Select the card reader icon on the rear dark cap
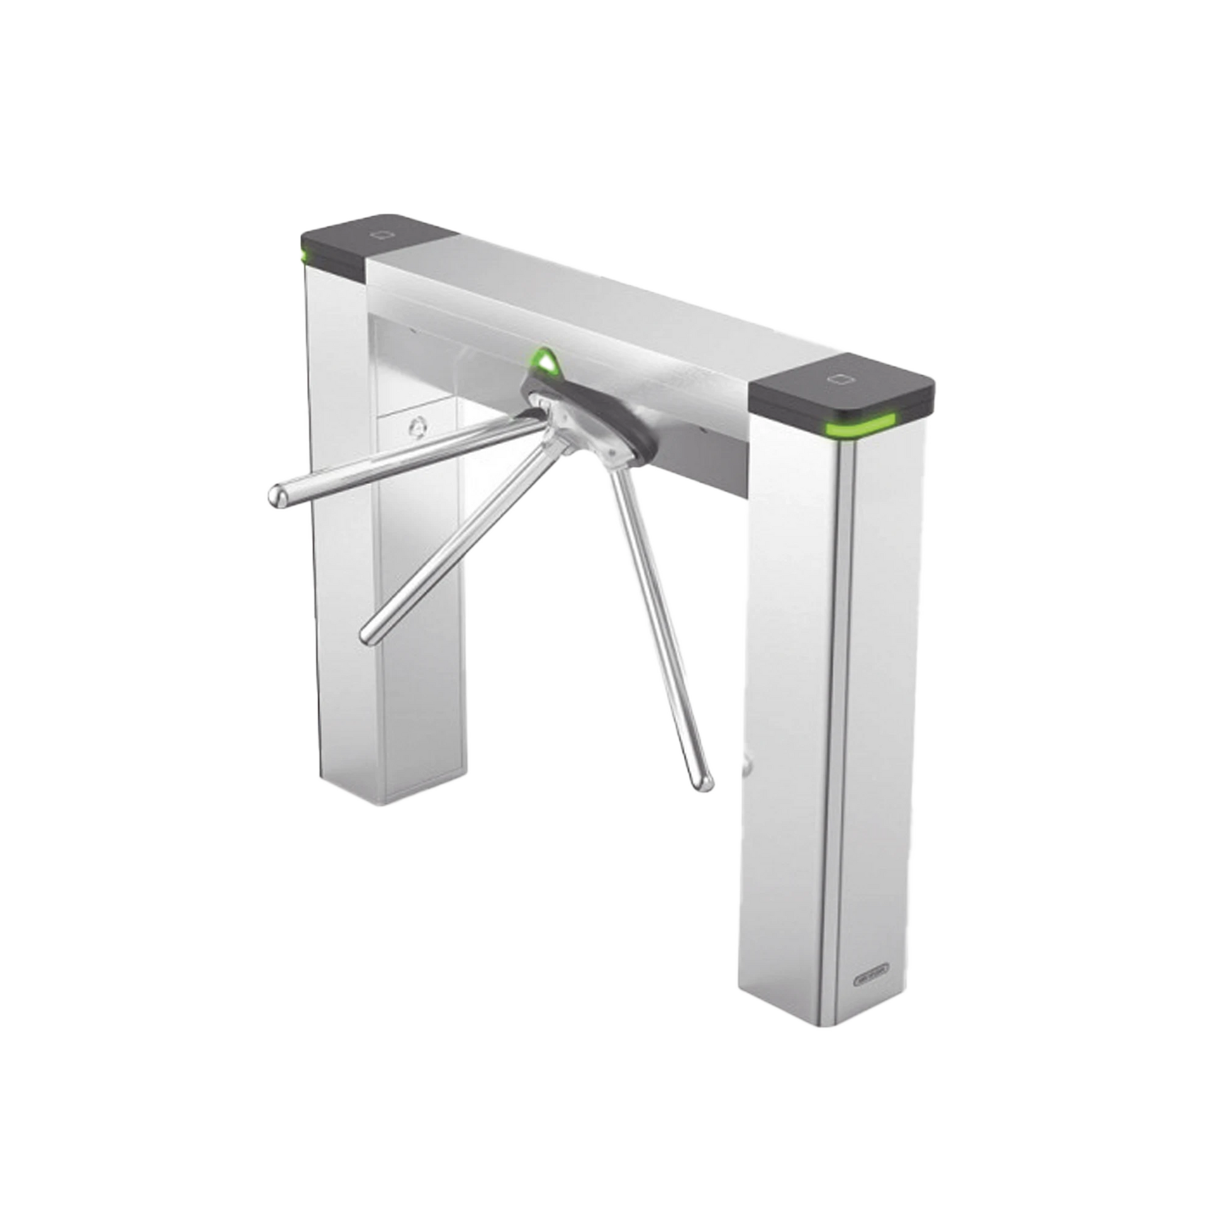coord(381,235)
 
